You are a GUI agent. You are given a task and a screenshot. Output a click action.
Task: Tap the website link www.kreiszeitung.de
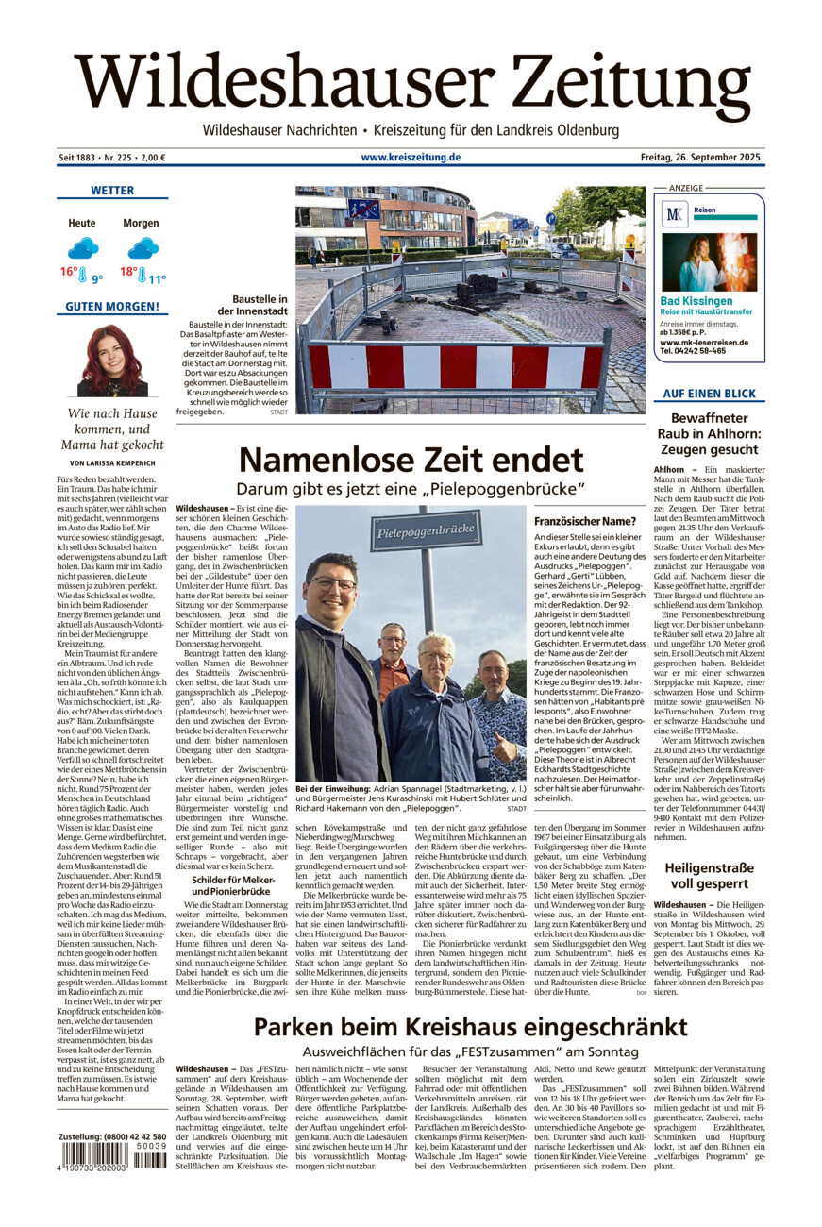(411, 157)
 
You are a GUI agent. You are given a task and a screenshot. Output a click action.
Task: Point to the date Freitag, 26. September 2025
(699, 157)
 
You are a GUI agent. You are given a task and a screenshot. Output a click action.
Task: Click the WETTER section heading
(112, 191)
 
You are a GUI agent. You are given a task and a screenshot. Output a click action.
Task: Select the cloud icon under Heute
(83, 248)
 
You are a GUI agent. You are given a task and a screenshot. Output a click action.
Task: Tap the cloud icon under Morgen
(143, 248)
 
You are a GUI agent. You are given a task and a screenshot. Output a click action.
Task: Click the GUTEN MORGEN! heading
(112, 307)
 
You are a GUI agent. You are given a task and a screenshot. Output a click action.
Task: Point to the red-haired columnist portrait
(112, 361)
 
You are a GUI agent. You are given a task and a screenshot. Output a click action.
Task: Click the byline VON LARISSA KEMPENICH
(112, 463)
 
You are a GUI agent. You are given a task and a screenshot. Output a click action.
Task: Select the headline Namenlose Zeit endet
(411, 461)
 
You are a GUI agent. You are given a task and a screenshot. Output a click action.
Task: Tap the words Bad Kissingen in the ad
(696, 301)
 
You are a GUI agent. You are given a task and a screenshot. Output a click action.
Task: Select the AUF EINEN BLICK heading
(709, 394)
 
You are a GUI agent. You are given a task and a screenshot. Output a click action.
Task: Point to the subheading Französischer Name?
(584, 521)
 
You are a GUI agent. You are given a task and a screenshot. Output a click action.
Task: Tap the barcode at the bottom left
(111, 1160)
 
